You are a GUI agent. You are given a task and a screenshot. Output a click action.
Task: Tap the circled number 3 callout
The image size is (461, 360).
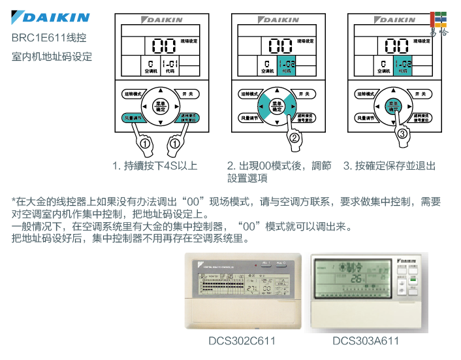click(x=402, y=133)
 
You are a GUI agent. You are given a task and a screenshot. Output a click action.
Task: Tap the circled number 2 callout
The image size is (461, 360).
click(x=294, y=138)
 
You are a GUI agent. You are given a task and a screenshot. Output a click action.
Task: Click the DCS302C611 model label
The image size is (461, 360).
click(x=242, y=341)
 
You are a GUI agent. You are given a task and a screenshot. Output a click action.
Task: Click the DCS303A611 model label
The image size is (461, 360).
click(x=365, y=341)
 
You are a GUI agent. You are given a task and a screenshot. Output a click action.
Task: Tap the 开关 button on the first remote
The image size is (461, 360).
click(x=187, y=94)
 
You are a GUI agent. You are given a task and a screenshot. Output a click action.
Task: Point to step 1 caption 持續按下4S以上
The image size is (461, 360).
click(x=154, y=165)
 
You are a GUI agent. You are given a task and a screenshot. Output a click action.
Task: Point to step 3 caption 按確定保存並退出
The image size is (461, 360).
click(x=390, y=165)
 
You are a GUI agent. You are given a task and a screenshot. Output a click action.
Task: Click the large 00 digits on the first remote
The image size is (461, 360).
click(x=163, y=45)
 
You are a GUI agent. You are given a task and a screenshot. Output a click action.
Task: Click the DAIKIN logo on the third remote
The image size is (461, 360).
click(x=394, y=20)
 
